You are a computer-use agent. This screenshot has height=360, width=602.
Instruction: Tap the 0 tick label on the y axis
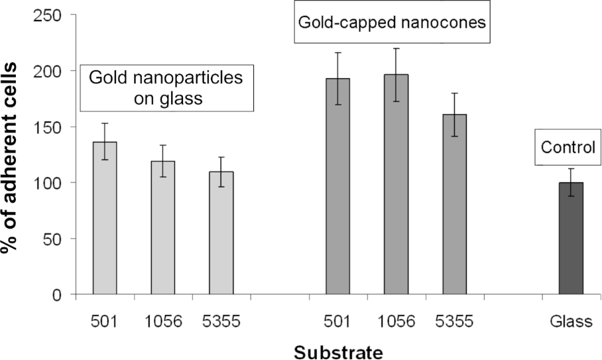pos(58,294)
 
